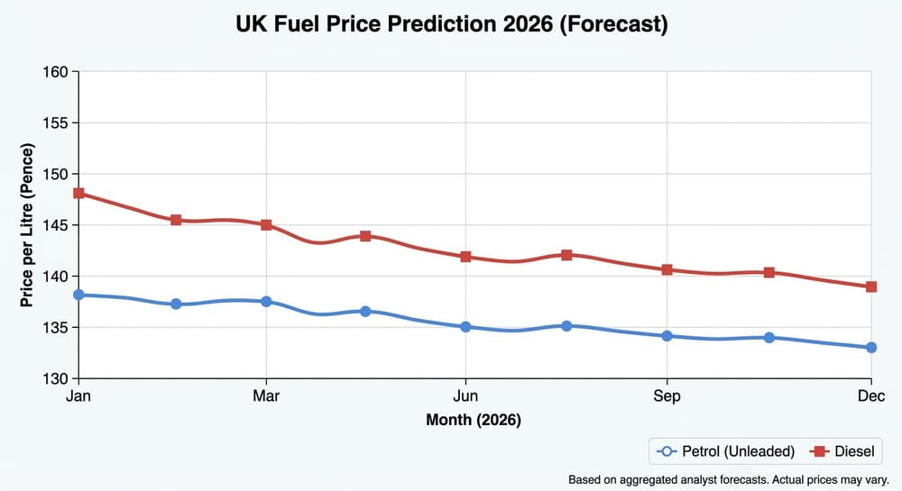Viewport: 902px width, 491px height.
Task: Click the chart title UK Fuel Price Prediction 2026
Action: click(x=451, y=24)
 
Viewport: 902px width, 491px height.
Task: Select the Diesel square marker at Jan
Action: click(x=78, y=193)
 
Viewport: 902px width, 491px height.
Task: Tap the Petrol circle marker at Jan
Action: click(x=78, y=295)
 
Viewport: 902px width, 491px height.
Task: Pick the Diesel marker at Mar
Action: click(x=266, y=224)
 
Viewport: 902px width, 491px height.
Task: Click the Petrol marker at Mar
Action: click(x=266, y=301)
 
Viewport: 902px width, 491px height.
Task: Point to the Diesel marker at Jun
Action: click(x=465, y=257)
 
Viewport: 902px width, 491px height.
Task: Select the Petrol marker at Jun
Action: click(x=465, y=326)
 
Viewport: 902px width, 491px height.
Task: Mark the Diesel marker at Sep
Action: click(x=667, y=269)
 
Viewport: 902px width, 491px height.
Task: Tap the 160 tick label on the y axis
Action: click(x=56, y=71)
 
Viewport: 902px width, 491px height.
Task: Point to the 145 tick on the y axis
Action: click(x=56, y=225)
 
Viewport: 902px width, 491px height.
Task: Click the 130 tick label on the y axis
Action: click(x=56, y=378)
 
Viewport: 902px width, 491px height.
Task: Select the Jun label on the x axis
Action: click(x=465, y=396)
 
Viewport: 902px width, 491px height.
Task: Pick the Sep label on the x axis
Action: click(x=667, y=396)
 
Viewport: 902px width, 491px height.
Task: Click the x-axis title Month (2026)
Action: click(x=474, y=420)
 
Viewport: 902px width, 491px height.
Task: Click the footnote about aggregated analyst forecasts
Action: click(x=729, y=479)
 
